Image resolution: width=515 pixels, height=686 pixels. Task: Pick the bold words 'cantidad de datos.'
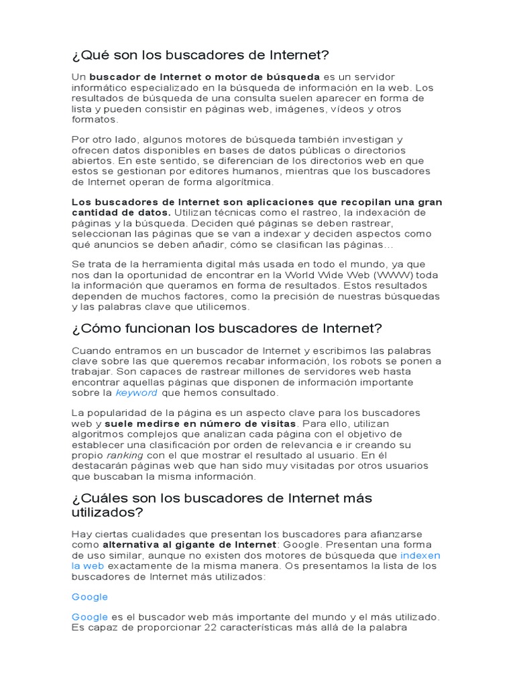121,212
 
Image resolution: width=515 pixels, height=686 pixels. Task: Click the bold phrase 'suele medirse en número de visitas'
201,424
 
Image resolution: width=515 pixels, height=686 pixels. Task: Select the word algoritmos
99,435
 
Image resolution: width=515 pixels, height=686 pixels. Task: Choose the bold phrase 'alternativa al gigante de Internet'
194,545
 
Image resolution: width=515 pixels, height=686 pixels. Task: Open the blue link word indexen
420,555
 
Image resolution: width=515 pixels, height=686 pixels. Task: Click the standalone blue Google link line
90,597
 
